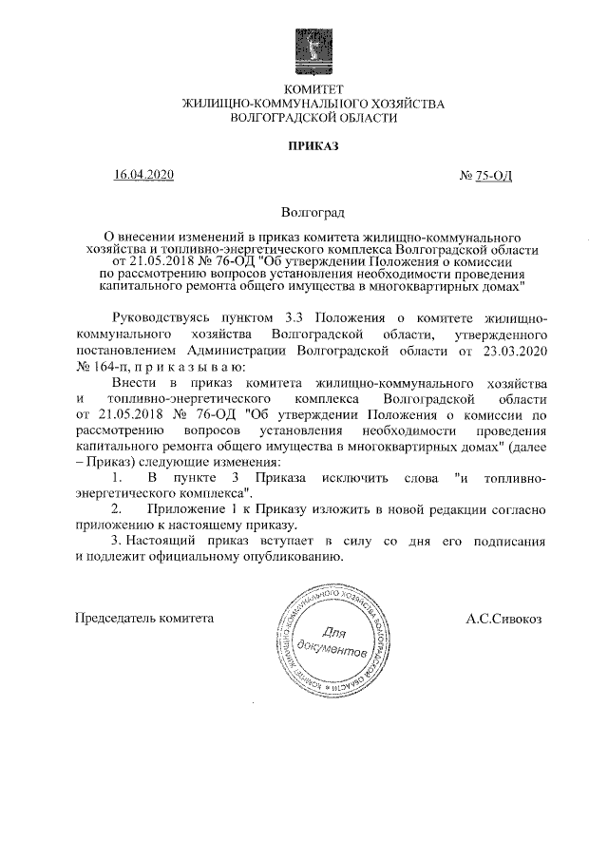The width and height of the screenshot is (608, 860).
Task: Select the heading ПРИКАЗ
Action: click(x=306, y=145)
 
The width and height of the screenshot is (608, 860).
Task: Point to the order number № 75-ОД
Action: click(x=485, y=176)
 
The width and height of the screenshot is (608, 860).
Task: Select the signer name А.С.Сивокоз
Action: click(x=503, y=619)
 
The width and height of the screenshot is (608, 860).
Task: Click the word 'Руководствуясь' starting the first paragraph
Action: click(x=158, y=317)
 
